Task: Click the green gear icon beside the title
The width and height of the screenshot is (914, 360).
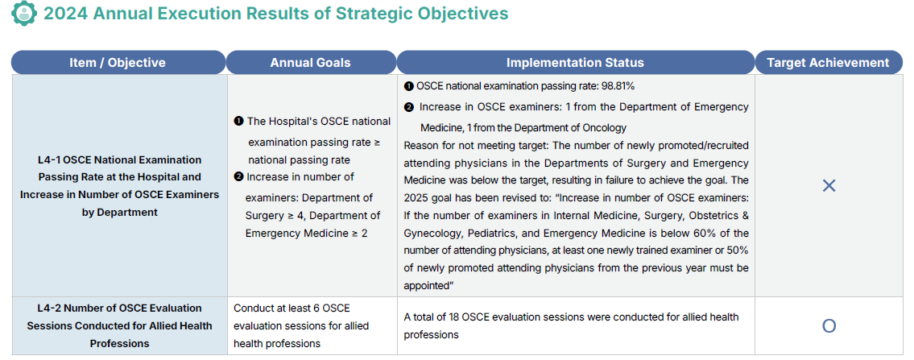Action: click(24, 13)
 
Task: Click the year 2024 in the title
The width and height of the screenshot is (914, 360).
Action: click(64, 14)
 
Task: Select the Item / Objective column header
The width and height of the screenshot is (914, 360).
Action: click(118, 63)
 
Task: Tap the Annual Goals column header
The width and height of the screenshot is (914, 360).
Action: click(310, 63)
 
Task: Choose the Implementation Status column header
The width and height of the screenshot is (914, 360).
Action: click(575, 63)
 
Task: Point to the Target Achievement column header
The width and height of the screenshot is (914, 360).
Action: click(828, 63)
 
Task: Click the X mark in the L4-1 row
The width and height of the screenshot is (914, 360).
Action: click(829, 186)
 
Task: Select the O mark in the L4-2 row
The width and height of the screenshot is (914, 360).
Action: click(829, 325)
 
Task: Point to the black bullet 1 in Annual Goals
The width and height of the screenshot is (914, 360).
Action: click(238, 122)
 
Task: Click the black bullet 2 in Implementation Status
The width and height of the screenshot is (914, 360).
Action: click(409, 107)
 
